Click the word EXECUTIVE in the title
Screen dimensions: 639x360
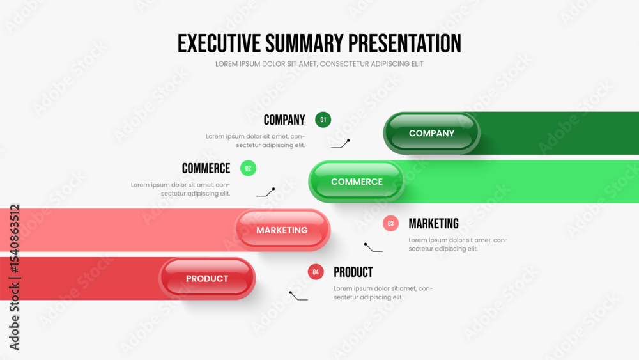click(x=219, y=43)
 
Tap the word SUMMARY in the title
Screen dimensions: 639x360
click(x=304, y=43)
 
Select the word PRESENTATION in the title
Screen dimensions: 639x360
click(x=404, y=43)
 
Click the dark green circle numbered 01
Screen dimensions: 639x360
click(x=323, y=120)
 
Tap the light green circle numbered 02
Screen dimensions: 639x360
click(x=248, y=168)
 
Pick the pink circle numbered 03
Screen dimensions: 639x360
click(x=390, y=223)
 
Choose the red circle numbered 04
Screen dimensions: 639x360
click(x=316, y=272)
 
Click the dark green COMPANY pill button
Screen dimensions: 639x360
click(x=431, y=133)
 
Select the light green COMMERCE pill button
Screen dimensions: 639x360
click(x=357, y=182)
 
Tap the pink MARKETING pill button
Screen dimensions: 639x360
click(x=282, y=230)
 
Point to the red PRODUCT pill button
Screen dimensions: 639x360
click(x=207, y=279)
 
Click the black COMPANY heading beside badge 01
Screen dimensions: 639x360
click(x=284, y=120)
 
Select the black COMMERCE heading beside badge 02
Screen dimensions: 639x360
click(x=206, y=168)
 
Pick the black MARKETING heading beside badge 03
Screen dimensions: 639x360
click(x=434, y=223)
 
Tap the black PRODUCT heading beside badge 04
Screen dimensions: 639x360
click(x=353, y=272)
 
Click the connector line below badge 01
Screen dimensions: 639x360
click(x=341, y=145)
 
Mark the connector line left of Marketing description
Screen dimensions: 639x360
click(x=373, y=248)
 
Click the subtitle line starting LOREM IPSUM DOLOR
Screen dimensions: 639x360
click(x=319, y=64)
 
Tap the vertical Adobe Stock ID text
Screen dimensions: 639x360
click(x=14, y=278)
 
